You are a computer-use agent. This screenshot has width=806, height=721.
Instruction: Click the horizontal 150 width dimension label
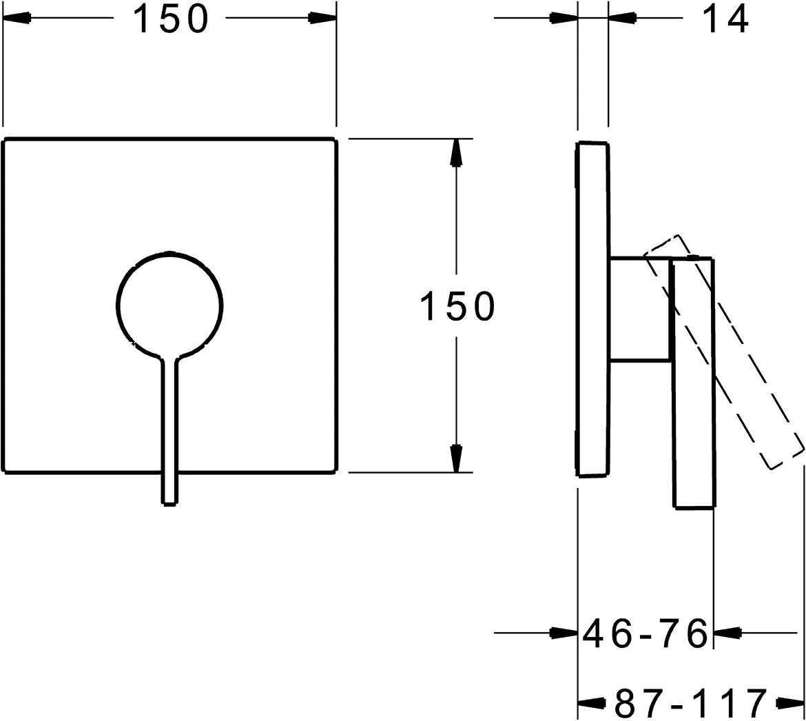coord(169,19)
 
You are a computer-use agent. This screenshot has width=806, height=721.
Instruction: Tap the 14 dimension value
coord(725,19)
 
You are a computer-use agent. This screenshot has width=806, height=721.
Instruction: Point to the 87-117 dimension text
coord(690,703)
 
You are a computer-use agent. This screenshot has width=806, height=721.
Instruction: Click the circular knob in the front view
coord(169,304)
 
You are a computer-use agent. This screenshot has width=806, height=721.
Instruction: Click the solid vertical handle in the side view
coord(694,386)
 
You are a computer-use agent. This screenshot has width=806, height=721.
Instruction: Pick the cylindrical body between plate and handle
coord(639,308)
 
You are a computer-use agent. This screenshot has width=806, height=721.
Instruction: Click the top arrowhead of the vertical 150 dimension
coord(455,152)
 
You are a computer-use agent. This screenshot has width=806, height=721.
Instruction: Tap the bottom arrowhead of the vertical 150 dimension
coord(455,458)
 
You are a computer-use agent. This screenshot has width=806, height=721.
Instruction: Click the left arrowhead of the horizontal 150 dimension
coord(18,19)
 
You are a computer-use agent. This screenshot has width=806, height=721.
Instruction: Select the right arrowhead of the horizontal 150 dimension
coord(322,19)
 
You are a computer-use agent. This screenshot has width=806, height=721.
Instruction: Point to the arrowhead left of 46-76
coord(564,632)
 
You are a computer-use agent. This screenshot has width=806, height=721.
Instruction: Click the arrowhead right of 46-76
coord(727,632)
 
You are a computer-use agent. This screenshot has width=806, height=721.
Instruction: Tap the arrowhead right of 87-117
coord(789,703)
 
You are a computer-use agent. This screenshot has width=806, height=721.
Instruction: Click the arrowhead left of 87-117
coord(591,703)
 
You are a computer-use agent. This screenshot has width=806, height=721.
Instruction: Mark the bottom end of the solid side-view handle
coord(694,508)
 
